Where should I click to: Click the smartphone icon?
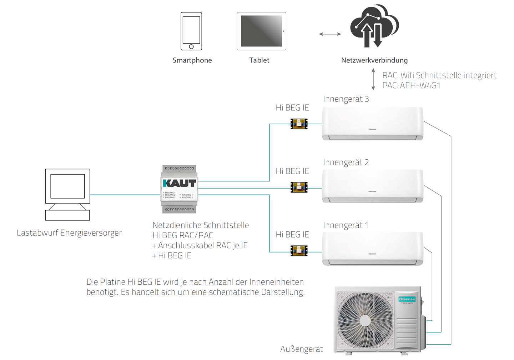click(191, 31)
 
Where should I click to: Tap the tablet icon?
click(261, 31)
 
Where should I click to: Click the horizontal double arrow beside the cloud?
click(330, 34)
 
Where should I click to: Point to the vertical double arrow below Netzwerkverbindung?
click(373, 79)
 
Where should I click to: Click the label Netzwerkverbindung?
click(374, 60)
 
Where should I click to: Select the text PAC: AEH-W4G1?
click(411, 86)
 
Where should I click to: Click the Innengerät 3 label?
click(346, 99)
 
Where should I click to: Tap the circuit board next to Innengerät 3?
click(299, 124)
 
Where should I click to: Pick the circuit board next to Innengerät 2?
click(299, 187)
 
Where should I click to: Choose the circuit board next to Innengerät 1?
click(299, 251)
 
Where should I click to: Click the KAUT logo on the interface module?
click(180, 183)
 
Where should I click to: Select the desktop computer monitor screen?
click(67, 186)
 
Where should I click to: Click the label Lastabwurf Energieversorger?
click(69, 233)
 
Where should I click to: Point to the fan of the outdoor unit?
click(365, 320)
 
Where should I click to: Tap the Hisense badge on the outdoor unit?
click(407, 299)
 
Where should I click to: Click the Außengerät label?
click(301, 349)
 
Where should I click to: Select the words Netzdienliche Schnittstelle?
click(201, 225)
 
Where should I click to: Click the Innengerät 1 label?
click(346, 225)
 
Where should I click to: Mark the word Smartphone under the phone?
click(192, 60)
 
